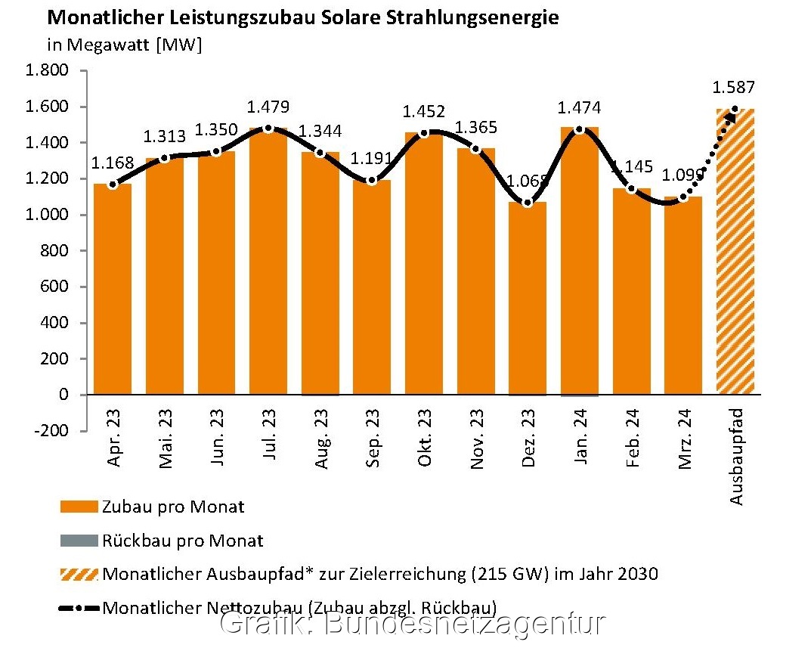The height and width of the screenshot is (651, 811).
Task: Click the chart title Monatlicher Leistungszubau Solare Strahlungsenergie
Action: [303, 17]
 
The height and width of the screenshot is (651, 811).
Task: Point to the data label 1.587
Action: [734, 87]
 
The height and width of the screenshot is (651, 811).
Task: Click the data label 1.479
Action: [268, 107]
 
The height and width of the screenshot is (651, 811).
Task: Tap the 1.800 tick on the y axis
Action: [48, 71]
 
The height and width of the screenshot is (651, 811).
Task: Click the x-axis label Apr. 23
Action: [113, 441]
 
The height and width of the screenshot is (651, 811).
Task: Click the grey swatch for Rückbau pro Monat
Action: [79, 541]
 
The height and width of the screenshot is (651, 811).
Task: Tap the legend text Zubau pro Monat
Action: [173, 507]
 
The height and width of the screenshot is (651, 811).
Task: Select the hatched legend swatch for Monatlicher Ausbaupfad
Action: [79, 574]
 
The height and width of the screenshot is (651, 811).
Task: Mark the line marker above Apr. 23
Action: [113, 184]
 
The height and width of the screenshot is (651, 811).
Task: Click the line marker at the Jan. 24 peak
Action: [580, 129]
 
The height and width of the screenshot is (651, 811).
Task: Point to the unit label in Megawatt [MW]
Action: [124, 44]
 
